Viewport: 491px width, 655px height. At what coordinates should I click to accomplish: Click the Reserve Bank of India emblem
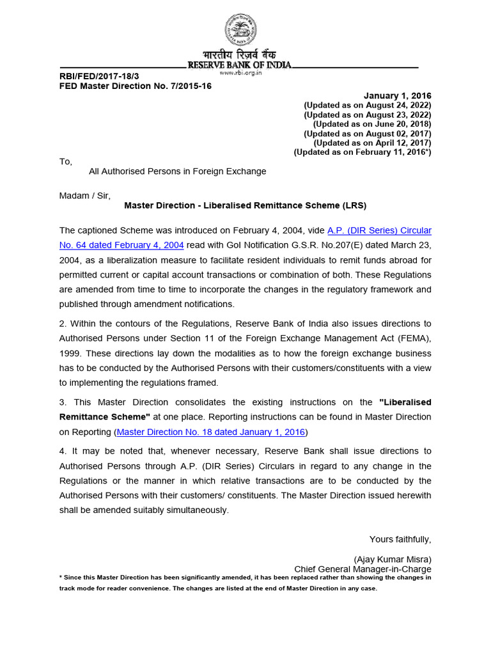pyautogui.click(x=240, y=29)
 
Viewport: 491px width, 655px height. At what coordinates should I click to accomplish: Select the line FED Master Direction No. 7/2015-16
pyautogui.click(x=136, y=86)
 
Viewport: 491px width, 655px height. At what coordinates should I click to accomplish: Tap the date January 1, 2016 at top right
pyautogui.click(x=398, y=95)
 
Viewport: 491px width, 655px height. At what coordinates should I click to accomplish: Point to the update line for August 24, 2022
pyautogui.click(x=368, y=105)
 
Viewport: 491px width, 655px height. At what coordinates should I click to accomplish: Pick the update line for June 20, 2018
pyautogui.click(x=372, y=124)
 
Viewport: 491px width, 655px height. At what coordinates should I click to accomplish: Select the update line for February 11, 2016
pyautogui.click(x=362, y=152)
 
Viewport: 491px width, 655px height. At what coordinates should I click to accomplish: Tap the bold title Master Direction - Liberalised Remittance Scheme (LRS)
pyautogui.click(x=245, y=205)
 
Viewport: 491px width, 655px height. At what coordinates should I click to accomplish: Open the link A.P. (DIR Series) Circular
pyautogui.click(x=379, y=230)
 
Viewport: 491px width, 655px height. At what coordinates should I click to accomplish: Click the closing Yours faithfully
pyautogui.click(x=400, y=539)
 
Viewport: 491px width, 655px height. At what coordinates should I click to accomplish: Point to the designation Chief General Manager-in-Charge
pyautogui.click(x=362, y=569)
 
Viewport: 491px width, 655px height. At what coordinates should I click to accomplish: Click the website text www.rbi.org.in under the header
pyautogui.click(x=240, y=73)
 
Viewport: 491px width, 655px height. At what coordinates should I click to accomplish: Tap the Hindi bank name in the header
pyautogui.click(x=239, y=55)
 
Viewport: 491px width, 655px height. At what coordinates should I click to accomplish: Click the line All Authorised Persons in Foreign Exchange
pyautogui.click(x=177, y=171)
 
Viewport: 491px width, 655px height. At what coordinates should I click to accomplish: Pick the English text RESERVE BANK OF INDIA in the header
pyautogui.click(x=239, y=65)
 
